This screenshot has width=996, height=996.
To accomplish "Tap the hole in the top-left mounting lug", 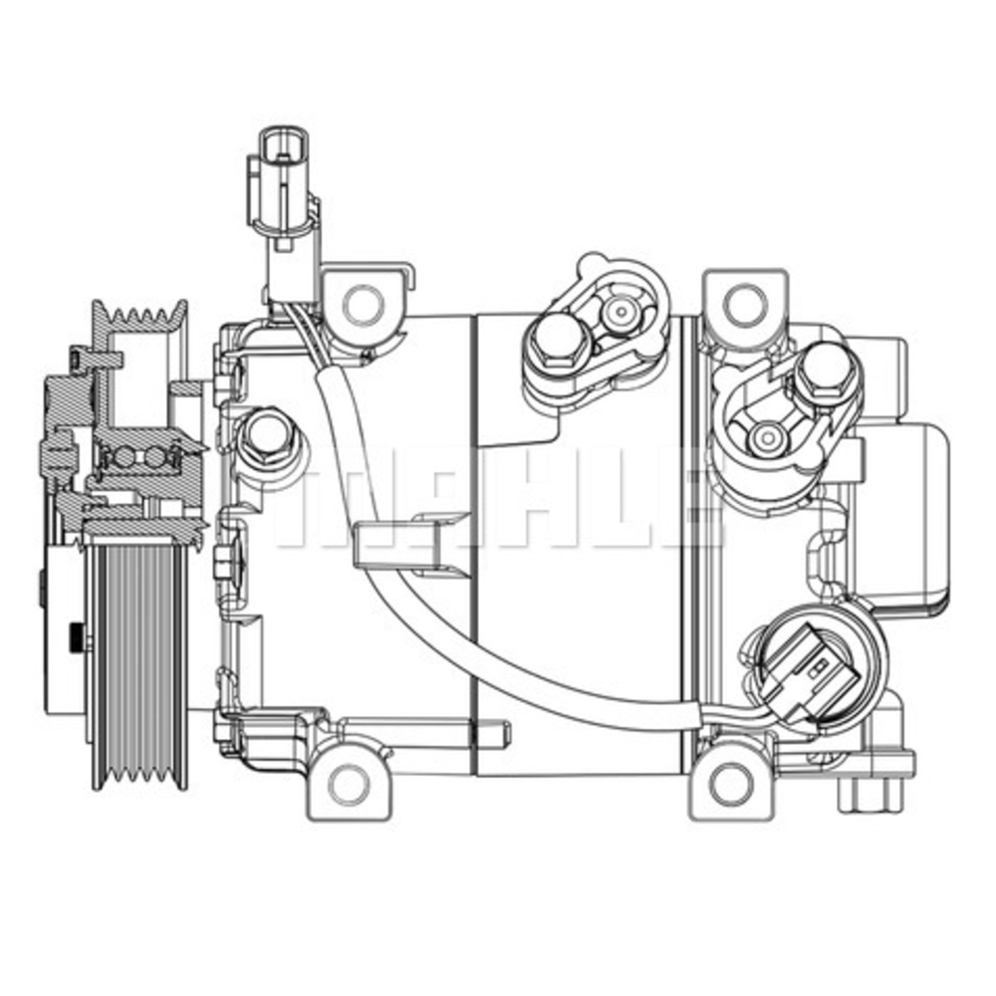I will click(362, 302).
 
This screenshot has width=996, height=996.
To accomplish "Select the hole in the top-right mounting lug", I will click(745, 304).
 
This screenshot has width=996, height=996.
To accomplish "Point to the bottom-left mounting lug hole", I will click(348, 785).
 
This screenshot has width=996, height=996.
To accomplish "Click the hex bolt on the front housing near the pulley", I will click(266, 434).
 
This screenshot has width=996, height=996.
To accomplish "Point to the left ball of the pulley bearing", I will click(124, 457).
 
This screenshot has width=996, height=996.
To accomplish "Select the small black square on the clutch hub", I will click(76, 636).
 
